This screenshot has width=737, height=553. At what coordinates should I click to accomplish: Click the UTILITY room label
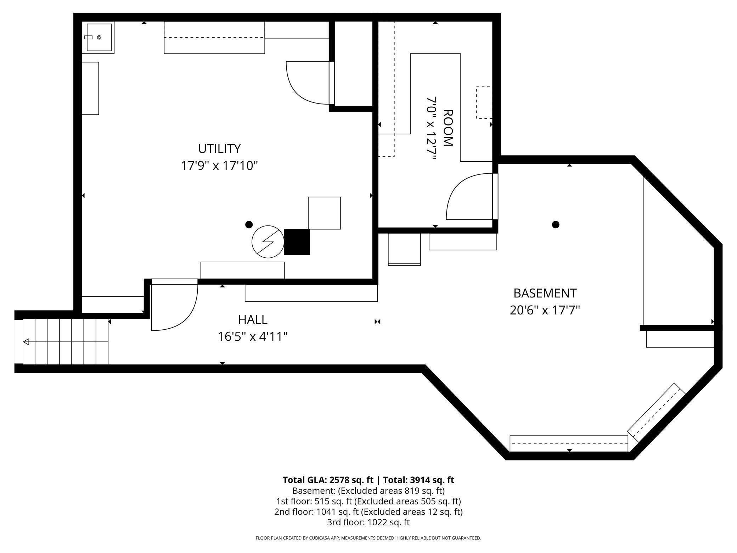pos(219,149)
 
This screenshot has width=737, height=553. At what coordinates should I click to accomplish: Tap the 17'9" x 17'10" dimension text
pos(219,166)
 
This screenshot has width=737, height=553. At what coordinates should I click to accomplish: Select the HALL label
pos(252,320)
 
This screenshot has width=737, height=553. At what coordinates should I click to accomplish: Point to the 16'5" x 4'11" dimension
pos(252,336)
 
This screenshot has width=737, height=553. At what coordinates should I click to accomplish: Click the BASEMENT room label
pos(545,293)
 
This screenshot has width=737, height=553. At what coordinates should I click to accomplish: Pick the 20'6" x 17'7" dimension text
pos(545,310)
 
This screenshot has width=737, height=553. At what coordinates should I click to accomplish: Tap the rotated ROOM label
pos(448,128)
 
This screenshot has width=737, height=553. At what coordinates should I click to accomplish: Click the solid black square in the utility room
pos(297,242)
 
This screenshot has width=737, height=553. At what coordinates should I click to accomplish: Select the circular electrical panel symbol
pos(268,242)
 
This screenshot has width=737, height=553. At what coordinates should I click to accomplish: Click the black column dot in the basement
pos(556,224)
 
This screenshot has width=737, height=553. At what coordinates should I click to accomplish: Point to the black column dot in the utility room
pos(249,224)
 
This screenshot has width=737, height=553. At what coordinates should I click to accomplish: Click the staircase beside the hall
pos(66,342)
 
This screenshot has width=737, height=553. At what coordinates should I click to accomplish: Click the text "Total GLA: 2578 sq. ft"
pos(328,480)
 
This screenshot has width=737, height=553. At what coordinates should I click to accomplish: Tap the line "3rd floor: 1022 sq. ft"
pos(368,522)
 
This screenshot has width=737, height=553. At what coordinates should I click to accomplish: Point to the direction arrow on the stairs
pos(26,342)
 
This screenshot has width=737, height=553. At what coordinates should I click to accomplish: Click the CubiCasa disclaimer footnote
pos(368,538)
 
